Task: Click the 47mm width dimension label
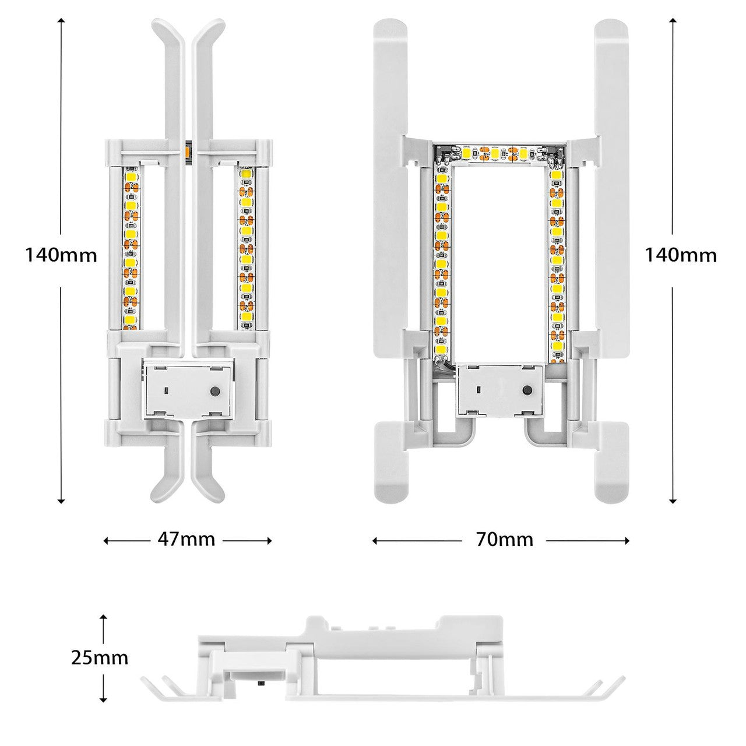[186, 540]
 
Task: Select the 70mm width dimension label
[505, 540]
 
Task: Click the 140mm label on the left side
[61, 255]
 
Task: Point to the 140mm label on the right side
[681, 255]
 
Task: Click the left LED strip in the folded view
[131, 247]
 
